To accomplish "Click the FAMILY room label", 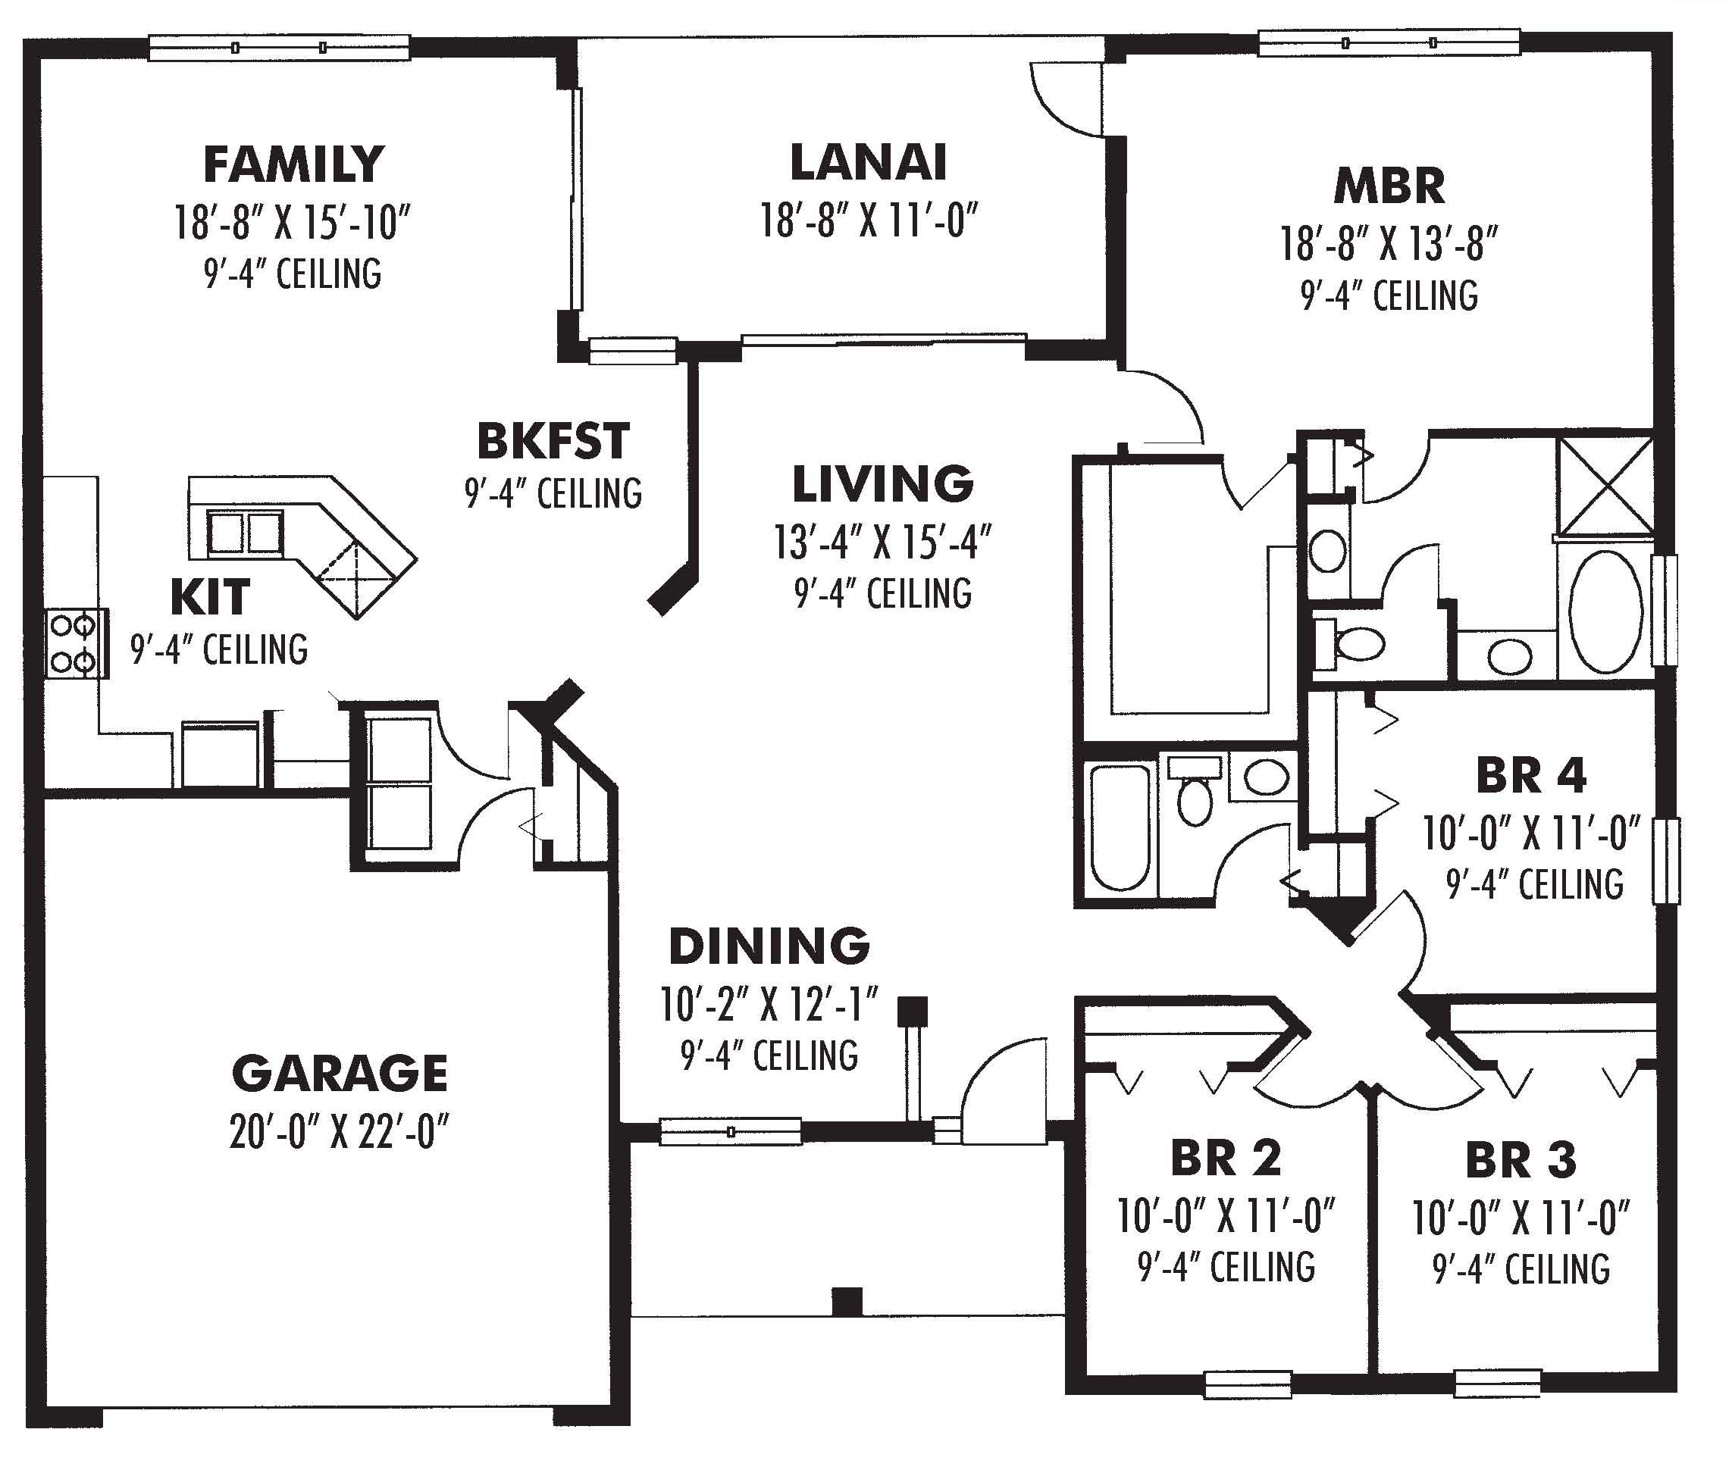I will tap(293, 164).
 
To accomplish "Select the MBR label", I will tap(1389, 186).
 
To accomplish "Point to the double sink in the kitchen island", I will tap(245, 533).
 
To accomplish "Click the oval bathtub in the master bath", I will tap(1605, 611).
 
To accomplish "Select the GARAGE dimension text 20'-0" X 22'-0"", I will tap(338, 1132).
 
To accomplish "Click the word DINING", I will tap(769, 946).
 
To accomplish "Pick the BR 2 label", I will tap(1225, 1159).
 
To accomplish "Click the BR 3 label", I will tap(1520, 1161).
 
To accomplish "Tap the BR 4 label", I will tap(1530, 776).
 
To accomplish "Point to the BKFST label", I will tap(553, 442).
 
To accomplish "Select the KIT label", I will tap(210, 597).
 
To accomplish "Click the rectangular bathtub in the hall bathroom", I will tap(1120, 827).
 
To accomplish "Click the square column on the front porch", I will tap(847, 1301).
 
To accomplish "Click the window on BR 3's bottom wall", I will tap(1496, 1384).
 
